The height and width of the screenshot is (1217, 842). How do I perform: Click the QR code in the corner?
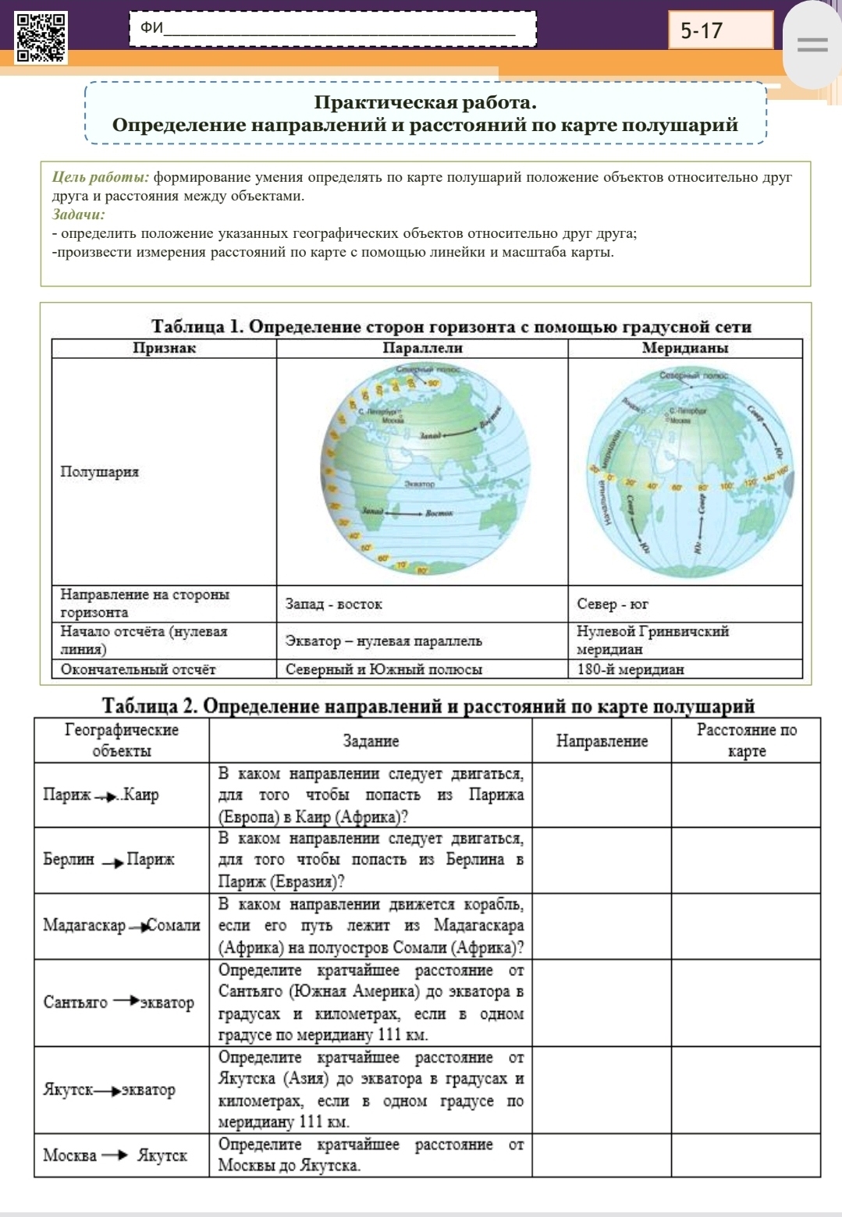pos(41,37)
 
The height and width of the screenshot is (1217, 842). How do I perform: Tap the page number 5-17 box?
pos(719,31)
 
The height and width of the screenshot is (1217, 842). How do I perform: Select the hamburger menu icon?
pos(812,46)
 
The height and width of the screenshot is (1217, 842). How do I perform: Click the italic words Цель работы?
pos(100,177)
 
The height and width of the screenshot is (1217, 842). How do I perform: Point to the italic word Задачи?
pos(78,215)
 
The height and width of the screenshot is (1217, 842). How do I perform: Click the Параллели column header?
pos(422,348)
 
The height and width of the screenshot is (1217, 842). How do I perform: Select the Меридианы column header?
pos(684,348)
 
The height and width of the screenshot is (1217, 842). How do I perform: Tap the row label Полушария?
pos(100,471)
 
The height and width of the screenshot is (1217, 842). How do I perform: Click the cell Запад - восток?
pos(334,604)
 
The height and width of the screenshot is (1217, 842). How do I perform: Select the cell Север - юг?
pos(613,604)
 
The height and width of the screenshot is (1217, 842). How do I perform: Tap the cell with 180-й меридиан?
pos(631,669)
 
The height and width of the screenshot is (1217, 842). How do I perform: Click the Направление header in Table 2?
pos(602,741)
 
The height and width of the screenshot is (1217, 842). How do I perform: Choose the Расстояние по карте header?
pos(746,740)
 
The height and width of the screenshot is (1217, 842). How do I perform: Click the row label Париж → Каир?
pos(101,795)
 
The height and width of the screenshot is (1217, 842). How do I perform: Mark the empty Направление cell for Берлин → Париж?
pos(602,860)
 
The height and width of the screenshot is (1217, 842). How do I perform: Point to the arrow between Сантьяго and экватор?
pos(126,1001)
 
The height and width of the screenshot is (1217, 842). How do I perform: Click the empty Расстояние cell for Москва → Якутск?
pos(745,1155)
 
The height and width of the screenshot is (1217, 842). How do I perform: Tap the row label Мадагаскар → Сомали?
pos(121,925)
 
